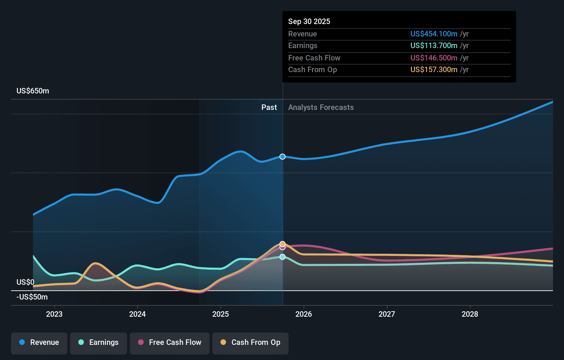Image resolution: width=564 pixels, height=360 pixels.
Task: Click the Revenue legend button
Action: (39, 342)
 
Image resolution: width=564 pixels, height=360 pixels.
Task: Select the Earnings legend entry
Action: (99, 342)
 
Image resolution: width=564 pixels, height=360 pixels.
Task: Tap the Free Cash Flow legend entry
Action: (170, 342)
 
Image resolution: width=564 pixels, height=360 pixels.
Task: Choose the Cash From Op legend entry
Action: (250, 342)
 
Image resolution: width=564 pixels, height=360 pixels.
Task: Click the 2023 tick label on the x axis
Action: (54, 314)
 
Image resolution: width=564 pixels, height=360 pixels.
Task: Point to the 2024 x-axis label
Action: (137, 314)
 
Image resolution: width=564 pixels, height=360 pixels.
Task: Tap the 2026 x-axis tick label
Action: (304, 314)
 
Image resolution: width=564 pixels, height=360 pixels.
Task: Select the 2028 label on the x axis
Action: (470, 314)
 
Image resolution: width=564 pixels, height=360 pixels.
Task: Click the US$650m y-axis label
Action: (33, 91)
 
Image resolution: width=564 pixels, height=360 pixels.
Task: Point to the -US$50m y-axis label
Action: (32, 297)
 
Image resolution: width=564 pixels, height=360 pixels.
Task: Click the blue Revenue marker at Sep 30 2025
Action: (282, 157)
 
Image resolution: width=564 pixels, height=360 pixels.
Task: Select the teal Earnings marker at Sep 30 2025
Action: (282, 257)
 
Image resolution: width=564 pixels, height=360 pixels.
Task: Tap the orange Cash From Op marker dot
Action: (282, 244)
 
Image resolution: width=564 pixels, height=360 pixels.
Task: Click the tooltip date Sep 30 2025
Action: (309, 22)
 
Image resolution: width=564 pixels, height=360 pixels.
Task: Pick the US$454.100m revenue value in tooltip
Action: (434, 34)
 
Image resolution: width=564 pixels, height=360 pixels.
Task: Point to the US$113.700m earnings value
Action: (434, 46)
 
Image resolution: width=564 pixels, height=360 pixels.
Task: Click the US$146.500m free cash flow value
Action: (434, 58)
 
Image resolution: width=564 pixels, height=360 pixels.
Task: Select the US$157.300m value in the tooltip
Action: (434, 70)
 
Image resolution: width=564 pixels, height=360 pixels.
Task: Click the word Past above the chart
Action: (269, 108)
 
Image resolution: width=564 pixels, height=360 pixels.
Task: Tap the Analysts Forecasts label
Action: (321, 108)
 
